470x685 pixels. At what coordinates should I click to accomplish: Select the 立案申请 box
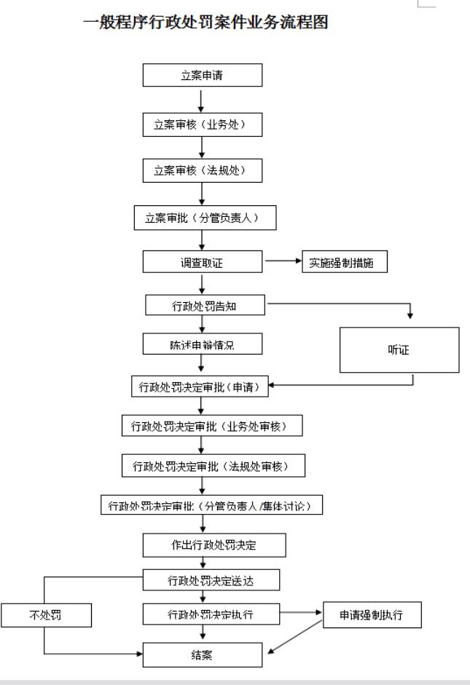[202, 75]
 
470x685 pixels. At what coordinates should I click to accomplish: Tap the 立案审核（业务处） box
[202, 124]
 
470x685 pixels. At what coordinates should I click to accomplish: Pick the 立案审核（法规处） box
[202, 170]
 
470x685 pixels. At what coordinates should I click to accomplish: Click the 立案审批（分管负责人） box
[205, 218]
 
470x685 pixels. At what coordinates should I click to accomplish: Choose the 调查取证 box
[202, 262]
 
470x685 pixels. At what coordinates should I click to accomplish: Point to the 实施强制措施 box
[344, 262]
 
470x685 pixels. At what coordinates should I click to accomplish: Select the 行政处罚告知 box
[205, 306]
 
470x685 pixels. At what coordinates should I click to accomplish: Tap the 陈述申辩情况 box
[201, 343]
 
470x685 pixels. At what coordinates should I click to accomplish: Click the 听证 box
[399, 350]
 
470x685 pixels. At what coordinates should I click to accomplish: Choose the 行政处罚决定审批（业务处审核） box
[212, 426]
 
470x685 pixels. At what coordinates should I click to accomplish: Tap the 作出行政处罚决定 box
[214, 545]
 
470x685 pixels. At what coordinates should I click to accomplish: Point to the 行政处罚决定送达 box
[211, 580]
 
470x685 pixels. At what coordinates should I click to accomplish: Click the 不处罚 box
[46, 616]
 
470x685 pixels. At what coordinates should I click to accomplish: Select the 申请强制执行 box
[371, 615]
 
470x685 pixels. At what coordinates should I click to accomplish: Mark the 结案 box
[202, 655]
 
